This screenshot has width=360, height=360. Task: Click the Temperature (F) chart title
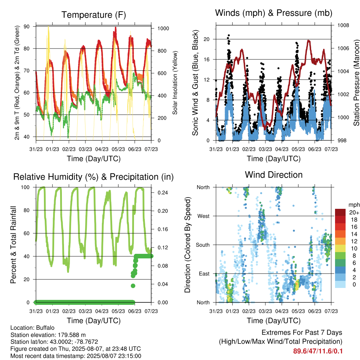pyautogui.click(x=94, y=15)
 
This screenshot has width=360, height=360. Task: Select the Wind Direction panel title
pyautogui.click(x=274, y=175)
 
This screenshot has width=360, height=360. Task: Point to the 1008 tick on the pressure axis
pyautogui.click(x=343, y=25)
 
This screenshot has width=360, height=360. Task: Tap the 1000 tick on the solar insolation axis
pyautogui.click(x=163, y=28)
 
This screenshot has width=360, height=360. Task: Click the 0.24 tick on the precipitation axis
pyautogui.click(x=162, y=193)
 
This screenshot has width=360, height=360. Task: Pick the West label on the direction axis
pyautogui.click(x=204, y=216)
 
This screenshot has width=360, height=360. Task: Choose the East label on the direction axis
pyautogui.click(x=204, y=274)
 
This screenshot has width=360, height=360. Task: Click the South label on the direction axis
pyautogui.click(x=203, y=245)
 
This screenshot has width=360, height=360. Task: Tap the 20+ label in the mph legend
pyautogui.click(x=354, y=213)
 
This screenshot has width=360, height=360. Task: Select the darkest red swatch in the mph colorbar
pyautogui.click(x=340, y=212)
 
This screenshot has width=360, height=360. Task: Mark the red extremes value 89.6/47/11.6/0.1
pyautogui.click(x=318, y=351)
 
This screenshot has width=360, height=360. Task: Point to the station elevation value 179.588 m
pyautogui.click(x=72, y=335)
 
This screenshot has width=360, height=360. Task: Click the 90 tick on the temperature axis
pyautogui.click(x=27, y=27)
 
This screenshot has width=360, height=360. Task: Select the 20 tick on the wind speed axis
pyautogui.click(x=207, y=39)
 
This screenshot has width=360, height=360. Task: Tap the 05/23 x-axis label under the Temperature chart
pyautogui.click(x=118, y=149)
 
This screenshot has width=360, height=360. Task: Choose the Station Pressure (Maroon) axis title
pyautogui.click(x=356, y=83)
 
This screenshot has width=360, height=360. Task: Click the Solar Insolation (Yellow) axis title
pyautogui.click(x=175, y=83)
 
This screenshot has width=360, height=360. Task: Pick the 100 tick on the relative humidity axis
pyautogui.click(x=25, y=187)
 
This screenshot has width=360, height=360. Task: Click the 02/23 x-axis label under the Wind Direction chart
pyautogui.click(x=249, y=311)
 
